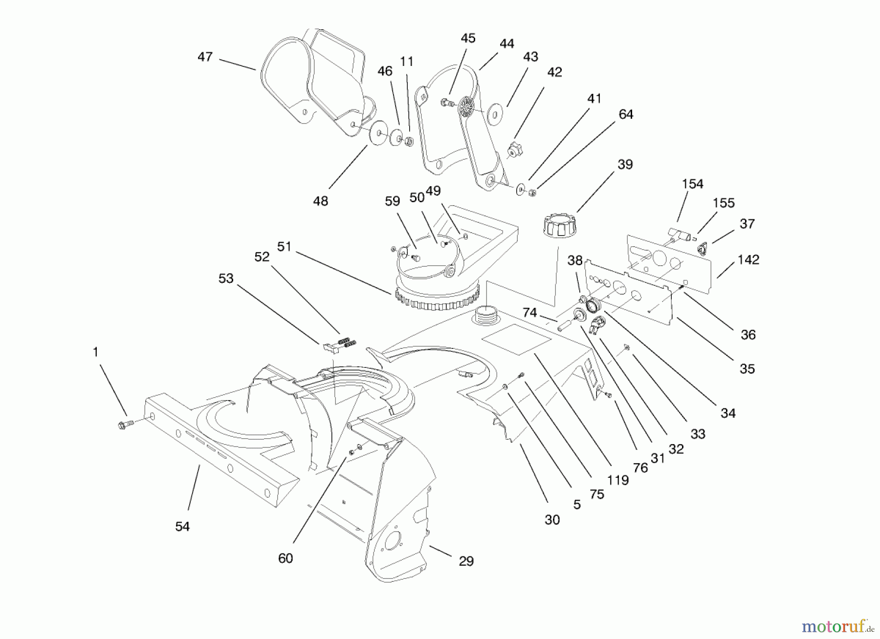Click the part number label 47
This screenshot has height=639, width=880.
pos(205,57)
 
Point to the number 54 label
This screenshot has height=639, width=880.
pos(182,526)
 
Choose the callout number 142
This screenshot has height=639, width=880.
pos(748,259)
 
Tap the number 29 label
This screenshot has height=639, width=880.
pos(466,561)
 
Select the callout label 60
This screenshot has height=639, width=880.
pos(286,558)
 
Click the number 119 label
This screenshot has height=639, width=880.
pos(617,480)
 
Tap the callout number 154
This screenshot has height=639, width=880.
pos(692,184)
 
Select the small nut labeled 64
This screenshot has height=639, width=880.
pos(533,192)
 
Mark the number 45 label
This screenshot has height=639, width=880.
pos(468,38)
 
